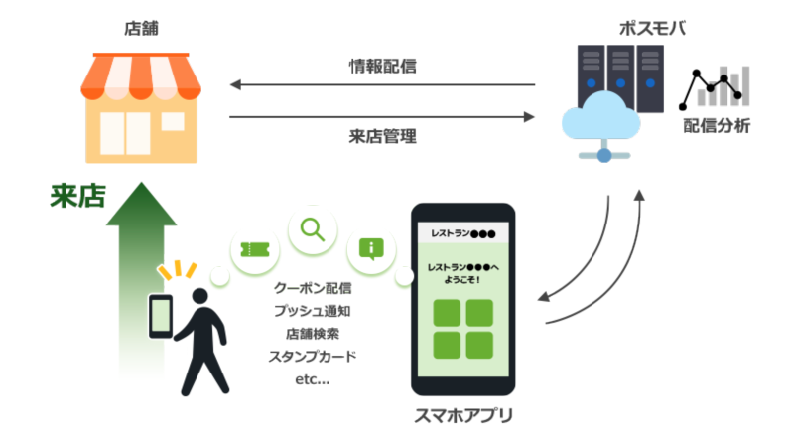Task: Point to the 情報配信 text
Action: (x=382, y=68)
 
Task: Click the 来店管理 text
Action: (x=382, y=136)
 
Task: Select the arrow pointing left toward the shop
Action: (x=382, y=86)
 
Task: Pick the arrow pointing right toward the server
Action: (x=382, y=117)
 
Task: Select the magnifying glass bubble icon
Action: (x=313, y=230)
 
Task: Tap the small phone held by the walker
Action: (x=159, y=317)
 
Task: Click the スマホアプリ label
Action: (x=463, y=415)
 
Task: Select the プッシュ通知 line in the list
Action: (x=313, y=311)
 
